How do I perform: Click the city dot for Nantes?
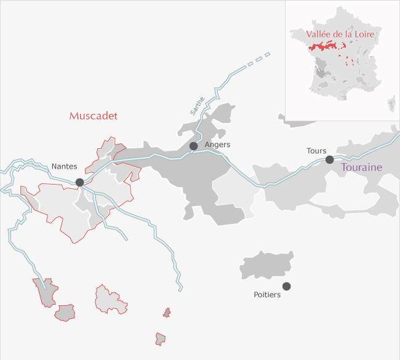tap(79, 182)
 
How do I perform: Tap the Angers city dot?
tap(193, 146)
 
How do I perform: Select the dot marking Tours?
tap(329, 159)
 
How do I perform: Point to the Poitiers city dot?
tap(286, 286)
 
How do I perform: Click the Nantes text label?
tap(64, 166)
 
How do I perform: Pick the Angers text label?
tap(217, 145)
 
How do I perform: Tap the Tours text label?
tap(316, 150)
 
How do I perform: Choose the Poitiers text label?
tap(267, 295)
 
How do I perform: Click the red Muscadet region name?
tap(93, 116)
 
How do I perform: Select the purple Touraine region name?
tap(361, 167)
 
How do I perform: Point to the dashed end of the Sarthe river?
tap(258, 60)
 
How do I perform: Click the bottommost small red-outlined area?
tap(161, 338)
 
